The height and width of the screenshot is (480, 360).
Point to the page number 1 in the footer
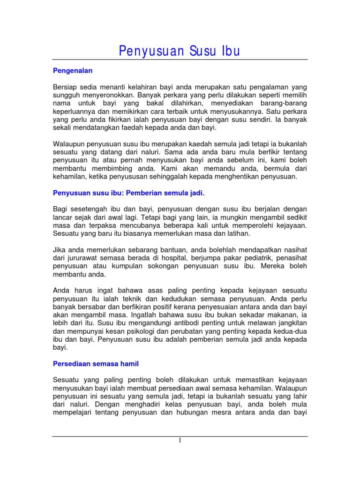180,440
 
